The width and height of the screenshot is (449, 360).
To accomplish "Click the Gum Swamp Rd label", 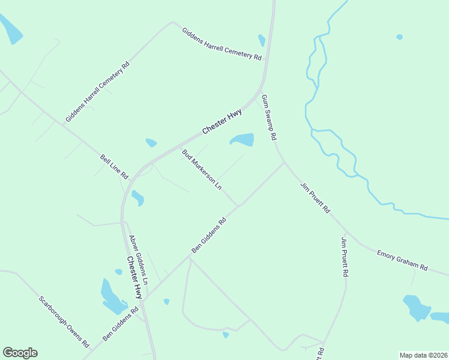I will tap(269, 117).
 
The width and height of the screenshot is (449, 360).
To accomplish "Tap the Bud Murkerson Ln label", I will tap(202, 170).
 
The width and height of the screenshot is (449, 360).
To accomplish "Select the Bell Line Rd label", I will tap(115, 167).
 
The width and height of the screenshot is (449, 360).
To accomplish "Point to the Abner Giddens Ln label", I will tap(139, 260).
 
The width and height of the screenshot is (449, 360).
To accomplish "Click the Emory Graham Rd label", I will tap(402, 259).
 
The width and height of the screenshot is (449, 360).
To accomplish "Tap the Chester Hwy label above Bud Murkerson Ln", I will tap(222, 121).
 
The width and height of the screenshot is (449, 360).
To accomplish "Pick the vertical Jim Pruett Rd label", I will tap(345, 257).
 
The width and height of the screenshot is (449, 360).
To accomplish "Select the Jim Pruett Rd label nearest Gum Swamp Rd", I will tap(316, 199).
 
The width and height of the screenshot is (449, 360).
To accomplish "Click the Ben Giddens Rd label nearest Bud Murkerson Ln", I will tap(209, 235).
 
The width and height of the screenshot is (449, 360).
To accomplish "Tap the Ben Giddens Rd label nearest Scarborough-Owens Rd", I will tap(120, 325).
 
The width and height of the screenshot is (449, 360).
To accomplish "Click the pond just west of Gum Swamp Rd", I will tap(243, 140).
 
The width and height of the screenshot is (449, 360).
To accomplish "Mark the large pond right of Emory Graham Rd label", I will tap(416, 307).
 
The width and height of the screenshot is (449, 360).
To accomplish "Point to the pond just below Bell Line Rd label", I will tap(138, 197).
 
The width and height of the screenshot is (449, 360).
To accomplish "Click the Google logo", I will tap(20, 353).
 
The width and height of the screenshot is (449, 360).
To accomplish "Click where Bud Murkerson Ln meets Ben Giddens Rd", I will tap(238, 206).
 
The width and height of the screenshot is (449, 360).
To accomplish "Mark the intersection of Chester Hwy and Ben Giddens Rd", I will tap(144, 299).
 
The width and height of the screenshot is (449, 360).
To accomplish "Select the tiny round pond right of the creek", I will tap(400, 37).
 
